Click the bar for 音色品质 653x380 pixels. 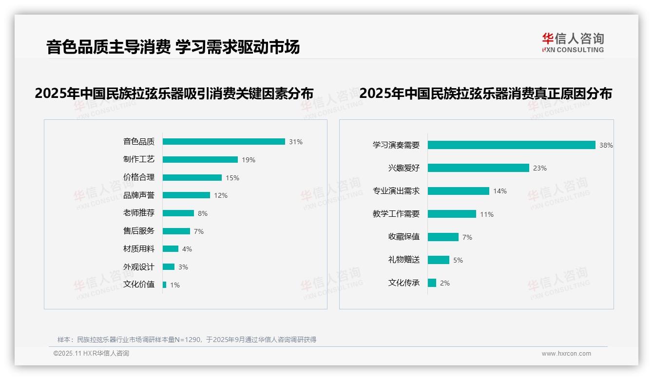[224, 142]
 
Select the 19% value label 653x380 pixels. [249, 160]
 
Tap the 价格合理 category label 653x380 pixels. [139, 177]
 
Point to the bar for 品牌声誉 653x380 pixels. [186, 195]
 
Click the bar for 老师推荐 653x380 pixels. [178, 213]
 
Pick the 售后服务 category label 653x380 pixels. [139, 231]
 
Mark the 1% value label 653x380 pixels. [175, 285]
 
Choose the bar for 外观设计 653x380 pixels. [169, 267]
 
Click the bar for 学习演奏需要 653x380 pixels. [512, 145]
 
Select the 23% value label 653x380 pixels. [540, 168]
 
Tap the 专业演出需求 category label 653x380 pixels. [396, 191]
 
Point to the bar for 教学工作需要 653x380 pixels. [452, 214]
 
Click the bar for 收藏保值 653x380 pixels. [443, 237]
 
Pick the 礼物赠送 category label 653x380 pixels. [404, 260]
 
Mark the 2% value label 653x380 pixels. [445, 283]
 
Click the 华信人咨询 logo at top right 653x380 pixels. [573, 43]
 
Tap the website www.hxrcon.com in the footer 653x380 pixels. [566, 354]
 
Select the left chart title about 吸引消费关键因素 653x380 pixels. [174, 93]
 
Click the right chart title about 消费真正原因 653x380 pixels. [485, 93]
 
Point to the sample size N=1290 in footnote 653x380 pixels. [188, 340]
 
